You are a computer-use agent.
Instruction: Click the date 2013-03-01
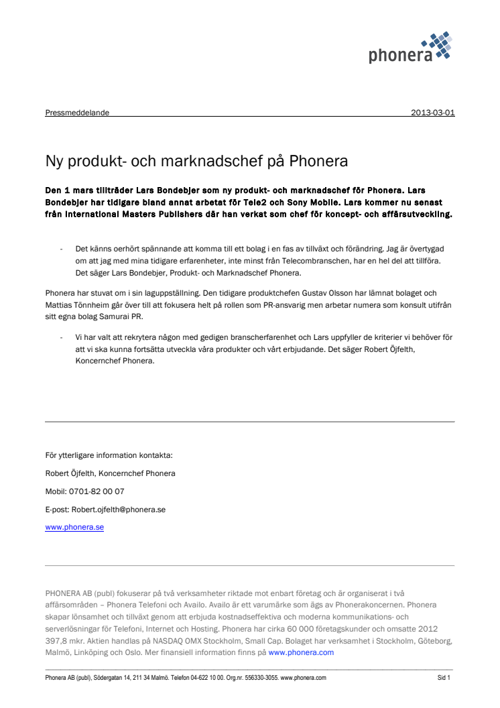pos(433,113)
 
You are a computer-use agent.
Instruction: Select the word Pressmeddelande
pos(77,113)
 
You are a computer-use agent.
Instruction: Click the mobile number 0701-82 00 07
pos(97,491)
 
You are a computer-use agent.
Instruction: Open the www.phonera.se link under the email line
pos(74,528)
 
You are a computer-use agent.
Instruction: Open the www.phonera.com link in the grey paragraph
pos(301,652)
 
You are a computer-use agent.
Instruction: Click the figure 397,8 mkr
pos(64,640)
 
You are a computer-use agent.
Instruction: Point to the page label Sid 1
pos(443,678)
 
